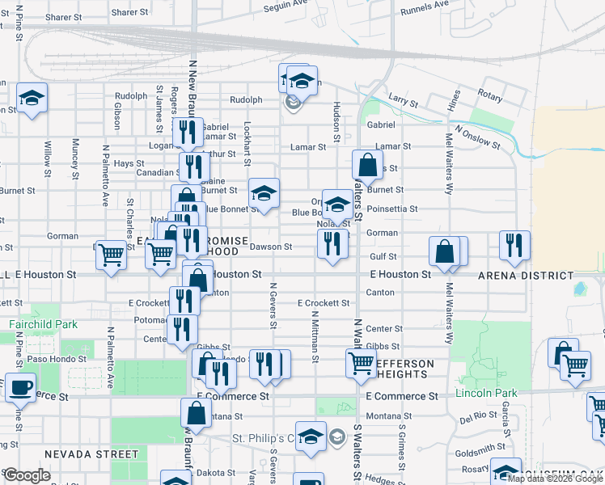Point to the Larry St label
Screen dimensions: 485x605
pyautogui.click(x=402, y=103)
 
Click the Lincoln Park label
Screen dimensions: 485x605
pyautogui.click(x=485, y=393)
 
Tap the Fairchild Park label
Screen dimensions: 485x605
pyautogui.click(x=43, y=324)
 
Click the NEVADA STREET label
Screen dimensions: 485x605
pyautogui.click(x=91, y=454)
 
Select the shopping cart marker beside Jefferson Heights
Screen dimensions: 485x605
pyautogui.click(x=360, y=361)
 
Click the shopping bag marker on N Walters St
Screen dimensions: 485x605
pyautogui.click(x=368, y=165)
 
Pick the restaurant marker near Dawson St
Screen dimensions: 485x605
pyautogui.click(x=332, y=243)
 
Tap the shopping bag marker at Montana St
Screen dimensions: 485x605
pyautogui.click(x=197, y=412)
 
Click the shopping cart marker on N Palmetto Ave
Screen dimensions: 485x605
pyautogui.click(x=111, y=254)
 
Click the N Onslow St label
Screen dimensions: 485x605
pyautogui.click(x=478, y=137)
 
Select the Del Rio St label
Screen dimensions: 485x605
pyautogui.click(x=476, y=419)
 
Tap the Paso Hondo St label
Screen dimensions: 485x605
pyautogui.click(x=50, y=358)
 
